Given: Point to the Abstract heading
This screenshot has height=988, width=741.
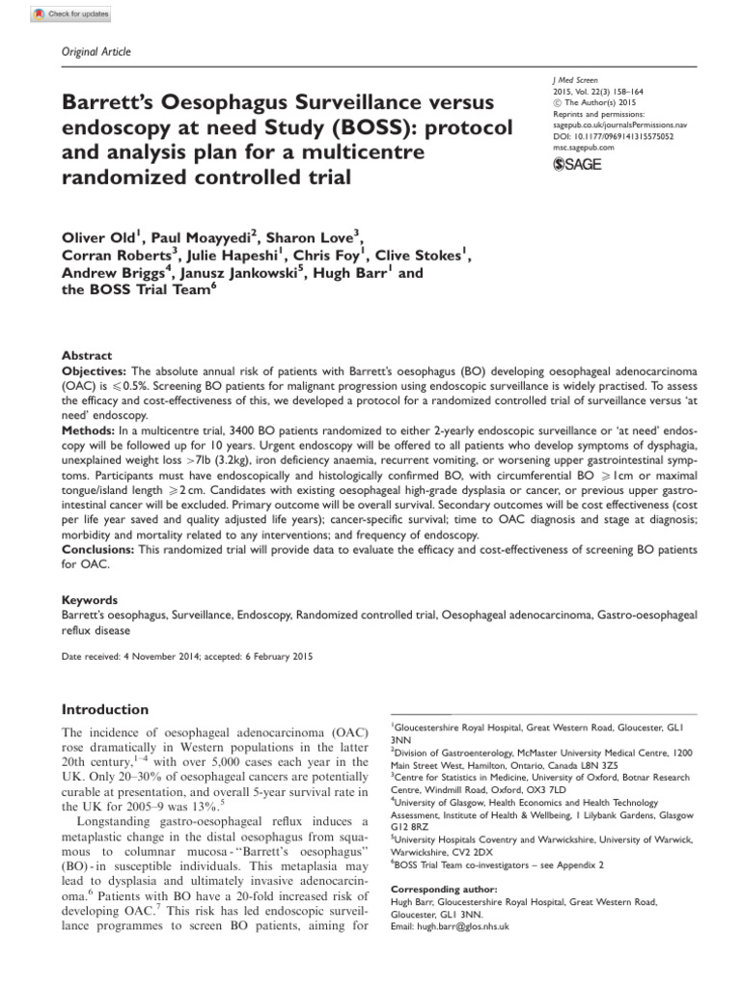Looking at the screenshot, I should click(x=86, y=355).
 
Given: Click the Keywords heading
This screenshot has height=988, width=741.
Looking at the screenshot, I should click(x=90, y=599).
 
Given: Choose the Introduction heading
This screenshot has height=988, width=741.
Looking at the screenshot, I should click(x=105, y=709).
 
